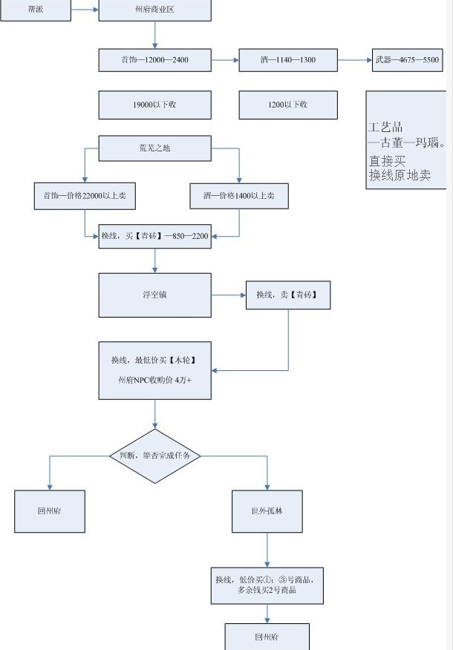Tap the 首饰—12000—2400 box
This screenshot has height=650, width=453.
tap(154, 59)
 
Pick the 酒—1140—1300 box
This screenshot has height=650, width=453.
tap(288, 59)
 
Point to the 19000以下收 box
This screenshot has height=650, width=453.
tap(154, 105)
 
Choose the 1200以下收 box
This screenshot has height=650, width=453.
tap(288, 105)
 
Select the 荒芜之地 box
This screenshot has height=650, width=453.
tap(154, 148)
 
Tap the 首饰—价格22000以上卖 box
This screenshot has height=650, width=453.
tap(85, 195)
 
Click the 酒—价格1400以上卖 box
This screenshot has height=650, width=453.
tap(239, 195)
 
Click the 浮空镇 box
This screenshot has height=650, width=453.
tap(154, 295)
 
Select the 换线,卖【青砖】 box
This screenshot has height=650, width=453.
tap(288, 295)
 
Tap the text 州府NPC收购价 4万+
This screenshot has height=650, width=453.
tap(154, 379)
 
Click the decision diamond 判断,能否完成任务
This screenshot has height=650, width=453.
tap(154, 456)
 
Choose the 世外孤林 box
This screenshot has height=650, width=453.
tap(267, 511)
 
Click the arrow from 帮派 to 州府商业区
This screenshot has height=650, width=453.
tap(85, 10)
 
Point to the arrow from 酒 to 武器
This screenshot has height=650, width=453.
tap(355, 59)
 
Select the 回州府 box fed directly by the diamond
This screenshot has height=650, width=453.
tap(50, 511)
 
